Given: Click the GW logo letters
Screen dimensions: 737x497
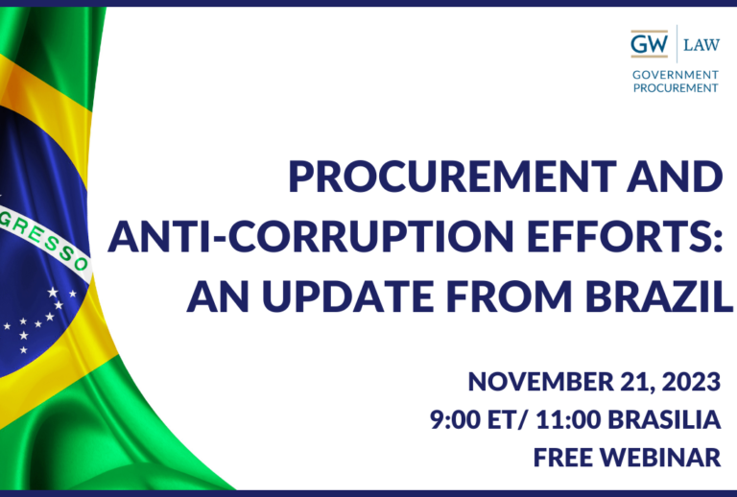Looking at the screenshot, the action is click(649, 44).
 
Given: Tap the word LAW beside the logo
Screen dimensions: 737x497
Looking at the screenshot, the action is click(701, 45).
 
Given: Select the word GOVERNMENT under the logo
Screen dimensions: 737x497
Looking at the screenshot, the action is click(676, 75).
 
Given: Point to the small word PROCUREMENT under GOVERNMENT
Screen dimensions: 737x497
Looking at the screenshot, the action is click(676, 88).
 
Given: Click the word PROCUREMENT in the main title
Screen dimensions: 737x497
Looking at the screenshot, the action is click(452, 177).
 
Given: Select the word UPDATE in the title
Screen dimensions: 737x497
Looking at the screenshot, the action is click(347, 296).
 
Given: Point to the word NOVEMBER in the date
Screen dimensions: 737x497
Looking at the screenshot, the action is click(540, 382).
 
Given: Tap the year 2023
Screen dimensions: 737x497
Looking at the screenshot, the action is click(691, 382).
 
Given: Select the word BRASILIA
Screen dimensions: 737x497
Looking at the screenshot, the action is click(664, 419).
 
